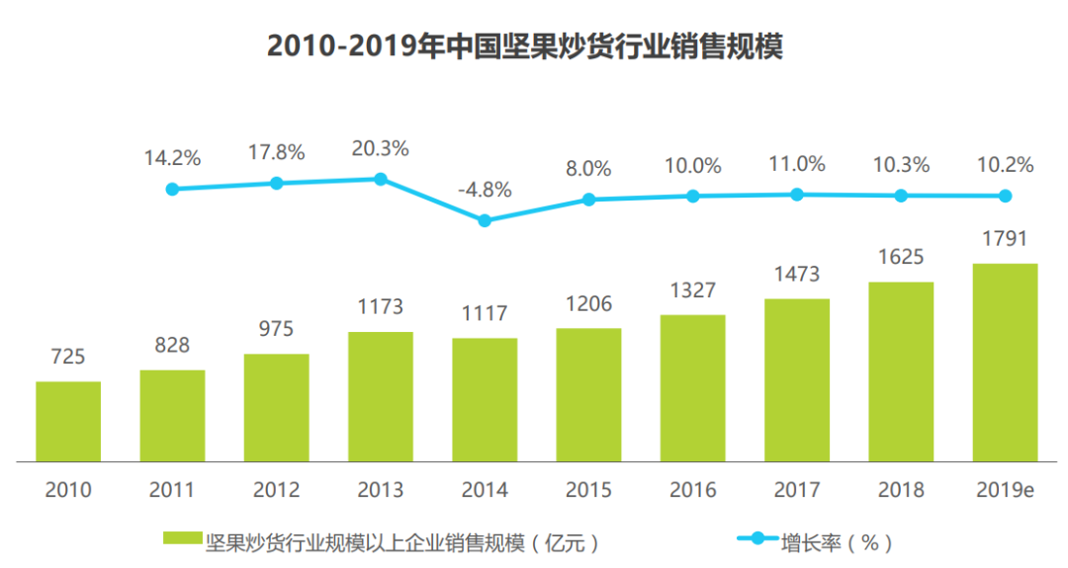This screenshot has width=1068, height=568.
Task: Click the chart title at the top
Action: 525,46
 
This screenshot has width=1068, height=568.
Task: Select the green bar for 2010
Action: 68,421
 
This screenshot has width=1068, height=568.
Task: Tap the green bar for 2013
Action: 381,396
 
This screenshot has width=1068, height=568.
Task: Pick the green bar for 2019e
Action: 1005,363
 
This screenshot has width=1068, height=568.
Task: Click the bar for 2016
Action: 693,388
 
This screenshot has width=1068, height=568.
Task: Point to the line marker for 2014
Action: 485,220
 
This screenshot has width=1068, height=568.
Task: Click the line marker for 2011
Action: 172,189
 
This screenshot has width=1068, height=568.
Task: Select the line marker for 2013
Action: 381,179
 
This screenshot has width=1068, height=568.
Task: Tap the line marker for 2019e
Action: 1005,196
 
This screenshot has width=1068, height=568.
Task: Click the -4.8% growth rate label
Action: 485,190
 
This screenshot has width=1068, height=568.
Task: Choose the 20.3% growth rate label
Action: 381,148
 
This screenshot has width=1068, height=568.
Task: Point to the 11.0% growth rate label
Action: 797,164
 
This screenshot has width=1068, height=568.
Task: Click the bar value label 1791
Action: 1005,238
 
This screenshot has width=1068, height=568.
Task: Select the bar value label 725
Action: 68,356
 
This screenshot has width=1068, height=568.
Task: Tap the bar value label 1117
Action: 485,313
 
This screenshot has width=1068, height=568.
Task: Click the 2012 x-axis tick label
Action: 276,490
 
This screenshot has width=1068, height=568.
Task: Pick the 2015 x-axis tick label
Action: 588,490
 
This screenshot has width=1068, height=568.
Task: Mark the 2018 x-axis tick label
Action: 901,490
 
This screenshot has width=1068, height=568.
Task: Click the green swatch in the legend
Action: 183,540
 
